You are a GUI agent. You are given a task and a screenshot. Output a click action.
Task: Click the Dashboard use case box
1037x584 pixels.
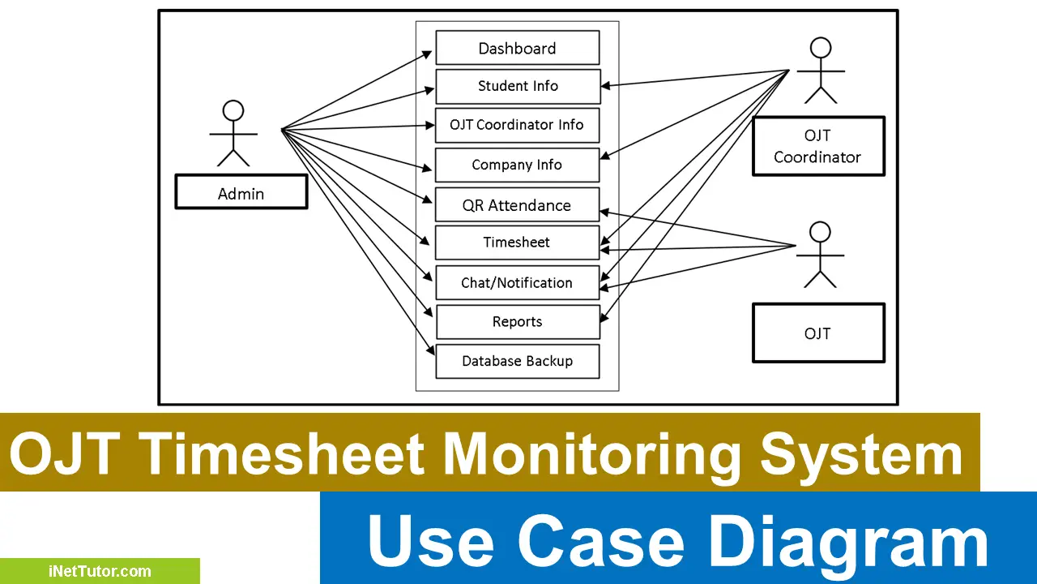pyautogui.click(x=517, y=48)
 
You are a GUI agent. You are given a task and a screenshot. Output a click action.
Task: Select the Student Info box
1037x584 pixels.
pyautogui.click(x=517, y=86)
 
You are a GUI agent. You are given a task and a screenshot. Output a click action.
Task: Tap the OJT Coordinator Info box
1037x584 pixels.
pyautogui.click(x=517, y=125)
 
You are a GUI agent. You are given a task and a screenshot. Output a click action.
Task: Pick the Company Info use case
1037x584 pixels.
pyautogui.click(x=517, y=165)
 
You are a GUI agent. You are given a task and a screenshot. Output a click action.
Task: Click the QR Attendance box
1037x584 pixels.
pyautogui.click(x=517, y=205)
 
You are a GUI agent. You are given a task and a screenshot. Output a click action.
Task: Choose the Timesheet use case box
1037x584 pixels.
pyautogui.click(x=517, y=242)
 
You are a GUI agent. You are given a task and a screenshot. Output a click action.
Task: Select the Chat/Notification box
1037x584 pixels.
pyautogui.click(x=517, y=282)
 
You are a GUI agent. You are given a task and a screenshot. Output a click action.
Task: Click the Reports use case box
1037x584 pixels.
pyautogui.click(x=517, y=322)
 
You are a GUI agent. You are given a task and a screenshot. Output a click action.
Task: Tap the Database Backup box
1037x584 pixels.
pyautogui.click(x=517, y=361)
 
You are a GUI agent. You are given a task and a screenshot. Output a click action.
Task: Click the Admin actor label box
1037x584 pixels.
pyautogui.click(x=241, y=193)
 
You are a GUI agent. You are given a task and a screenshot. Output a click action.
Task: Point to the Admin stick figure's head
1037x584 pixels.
pyautogui.click(x=233, y=110)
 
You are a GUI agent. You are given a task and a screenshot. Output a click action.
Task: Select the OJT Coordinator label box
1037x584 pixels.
pyautogui.click(x=817, y=147)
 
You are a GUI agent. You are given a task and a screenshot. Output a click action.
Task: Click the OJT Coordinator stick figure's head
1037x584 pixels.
pyautogui.click(x=821, y=48)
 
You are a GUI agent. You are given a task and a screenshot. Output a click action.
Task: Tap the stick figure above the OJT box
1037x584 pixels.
pyautogui.click(x=821, y=255)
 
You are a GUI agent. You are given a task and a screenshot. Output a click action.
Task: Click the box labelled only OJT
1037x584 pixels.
pyautogui.click(x=817, y=333)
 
